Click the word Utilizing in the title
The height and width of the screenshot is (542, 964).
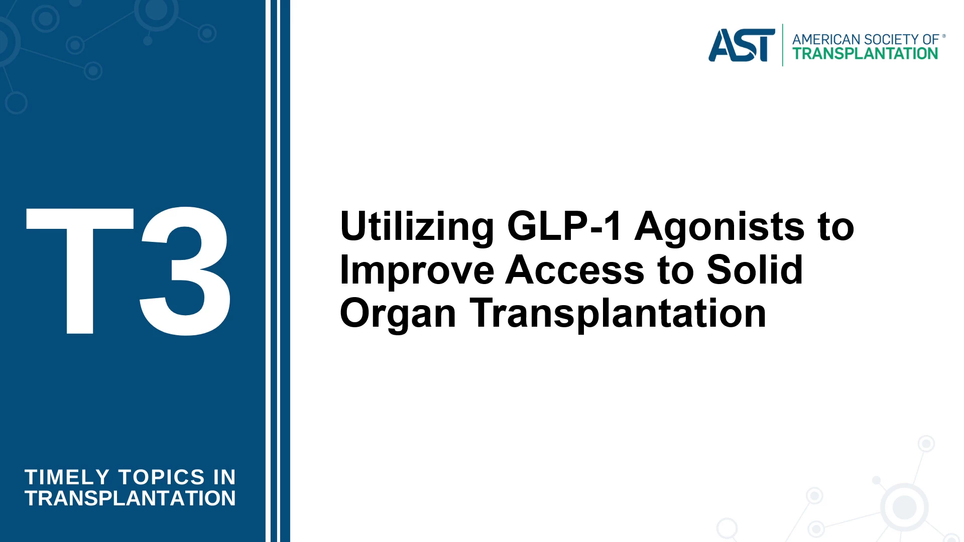[417, 227]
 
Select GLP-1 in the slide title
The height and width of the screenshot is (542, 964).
[565, 226]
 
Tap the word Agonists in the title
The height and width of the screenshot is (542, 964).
[719, 227]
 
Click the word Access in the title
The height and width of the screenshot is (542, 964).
[575, 270]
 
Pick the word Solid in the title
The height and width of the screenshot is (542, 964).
[755, 269]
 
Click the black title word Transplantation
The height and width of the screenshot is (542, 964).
[618, 314]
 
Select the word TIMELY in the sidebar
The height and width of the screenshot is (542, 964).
[67, 477]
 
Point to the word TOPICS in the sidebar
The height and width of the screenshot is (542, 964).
[162, 477]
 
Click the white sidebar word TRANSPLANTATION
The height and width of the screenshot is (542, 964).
[130, 498]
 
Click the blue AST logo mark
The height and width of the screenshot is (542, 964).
[742, 45]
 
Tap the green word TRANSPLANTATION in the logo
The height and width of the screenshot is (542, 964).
[865, 54]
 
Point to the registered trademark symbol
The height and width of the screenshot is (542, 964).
[944, 36]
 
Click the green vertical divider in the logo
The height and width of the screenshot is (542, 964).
[783, 45]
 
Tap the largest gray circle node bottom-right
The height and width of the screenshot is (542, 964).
[904, 507]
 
